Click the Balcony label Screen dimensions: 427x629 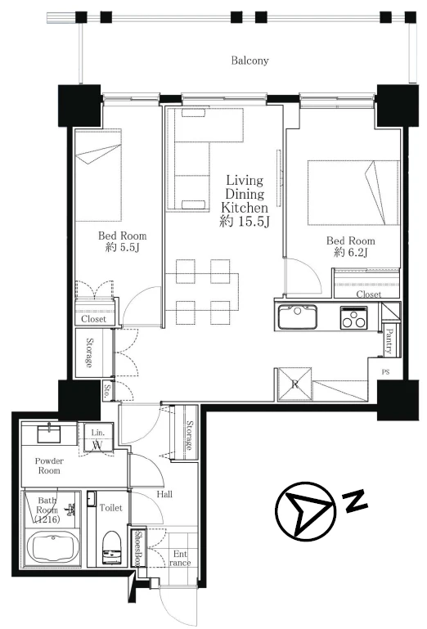(249, 61)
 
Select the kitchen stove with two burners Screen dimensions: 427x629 (353, 317)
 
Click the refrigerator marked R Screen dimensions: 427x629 (295, 384)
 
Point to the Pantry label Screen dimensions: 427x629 (389, 341)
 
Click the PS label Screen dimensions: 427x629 (385, 372)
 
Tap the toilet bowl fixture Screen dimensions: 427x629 (111, 548)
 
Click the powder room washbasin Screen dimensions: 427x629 (49, 434)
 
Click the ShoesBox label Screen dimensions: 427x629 (137, 548)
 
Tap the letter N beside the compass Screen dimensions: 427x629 (355, 500)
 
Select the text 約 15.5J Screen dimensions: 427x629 (244, 221)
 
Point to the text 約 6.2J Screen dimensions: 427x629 (351, 252)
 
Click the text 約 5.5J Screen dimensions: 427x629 (123, 247)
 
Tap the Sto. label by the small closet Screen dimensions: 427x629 (106, 391)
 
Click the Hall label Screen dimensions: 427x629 (164, 494)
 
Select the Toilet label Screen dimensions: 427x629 (111, 508)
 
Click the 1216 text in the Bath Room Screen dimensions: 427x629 (47, 520)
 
